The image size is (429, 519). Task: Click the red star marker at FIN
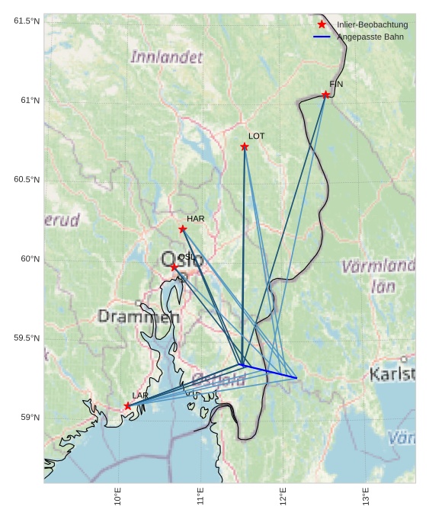click(325, 95)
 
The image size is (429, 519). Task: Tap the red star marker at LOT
click(245, 146)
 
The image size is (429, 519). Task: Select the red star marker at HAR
click(183, 229)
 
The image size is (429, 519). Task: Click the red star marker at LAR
click(128, 405)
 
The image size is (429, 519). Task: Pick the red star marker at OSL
click(174, 267)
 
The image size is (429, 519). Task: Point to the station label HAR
click(196, 219)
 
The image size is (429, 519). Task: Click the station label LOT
click(257, 136)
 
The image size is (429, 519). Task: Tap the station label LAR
click(140, 396)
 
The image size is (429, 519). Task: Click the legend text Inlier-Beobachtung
click(372, 25)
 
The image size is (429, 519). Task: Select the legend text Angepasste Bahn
click(370, 37)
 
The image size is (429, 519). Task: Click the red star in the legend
click(322, 25)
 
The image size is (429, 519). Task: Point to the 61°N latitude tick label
click(27, 101)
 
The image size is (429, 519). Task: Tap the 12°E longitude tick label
click(283, 496)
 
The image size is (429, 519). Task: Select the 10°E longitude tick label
click(117, 496)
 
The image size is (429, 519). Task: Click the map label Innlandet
click(167, 57)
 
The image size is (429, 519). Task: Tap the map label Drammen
click(139, 316)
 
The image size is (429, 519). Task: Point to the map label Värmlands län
click(379, 276)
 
